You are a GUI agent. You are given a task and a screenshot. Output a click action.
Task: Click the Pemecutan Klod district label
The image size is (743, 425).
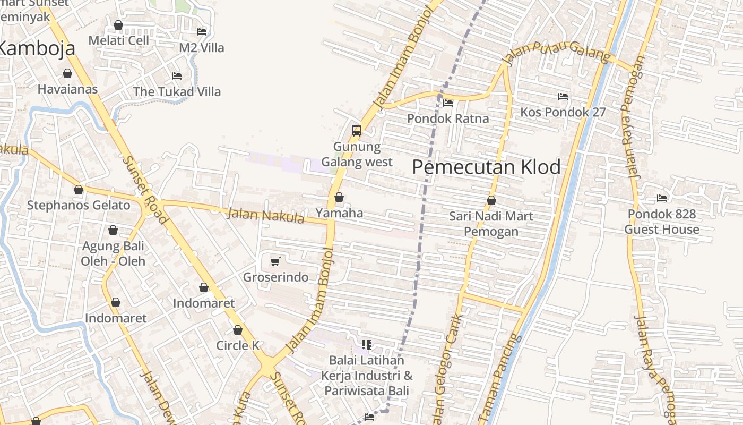click(486, 167)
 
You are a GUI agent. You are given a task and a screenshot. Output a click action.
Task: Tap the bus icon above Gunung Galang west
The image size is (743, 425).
click(357, 130)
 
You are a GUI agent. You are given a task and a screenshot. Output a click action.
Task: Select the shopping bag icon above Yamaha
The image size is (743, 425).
click(339, 197)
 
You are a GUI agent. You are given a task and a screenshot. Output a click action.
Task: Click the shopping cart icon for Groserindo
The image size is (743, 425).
click(275, 261)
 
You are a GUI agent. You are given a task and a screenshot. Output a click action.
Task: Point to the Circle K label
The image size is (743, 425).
click(238, 345)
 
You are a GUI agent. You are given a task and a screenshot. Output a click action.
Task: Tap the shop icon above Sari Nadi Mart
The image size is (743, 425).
click(491, 200)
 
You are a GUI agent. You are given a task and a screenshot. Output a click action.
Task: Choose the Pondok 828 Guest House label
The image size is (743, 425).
click(662, 222)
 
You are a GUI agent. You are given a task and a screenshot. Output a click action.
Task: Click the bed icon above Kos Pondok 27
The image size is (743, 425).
click(563, 96)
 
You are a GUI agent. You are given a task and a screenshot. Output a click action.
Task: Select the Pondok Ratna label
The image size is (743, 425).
click(448, 118)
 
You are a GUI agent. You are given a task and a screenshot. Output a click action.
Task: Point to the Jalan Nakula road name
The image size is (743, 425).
click(265, 216)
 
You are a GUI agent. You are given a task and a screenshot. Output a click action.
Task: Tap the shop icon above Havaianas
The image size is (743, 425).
click(67, 73)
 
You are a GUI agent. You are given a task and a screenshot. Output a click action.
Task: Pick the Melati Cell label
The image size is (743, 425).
click(119, 40)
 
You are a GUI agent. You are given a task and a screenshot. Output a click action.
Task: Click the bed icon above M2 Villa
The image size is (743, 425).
click(202, 31)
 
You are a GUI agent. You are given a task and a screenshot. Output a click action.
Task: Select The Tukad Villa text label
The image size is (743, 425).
click(177, 91)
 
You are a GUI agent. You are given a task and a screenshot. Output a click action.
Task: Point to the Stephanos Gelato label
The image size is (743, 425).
click(79, 205)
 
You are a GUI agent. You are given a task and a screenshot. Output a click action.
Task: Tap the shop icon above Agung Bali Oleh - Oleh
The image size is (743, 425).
click(113, 230)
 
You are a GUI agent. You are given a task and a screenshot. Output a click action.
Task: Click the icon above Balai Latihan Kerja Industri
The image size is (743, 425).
click(366, 344)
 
